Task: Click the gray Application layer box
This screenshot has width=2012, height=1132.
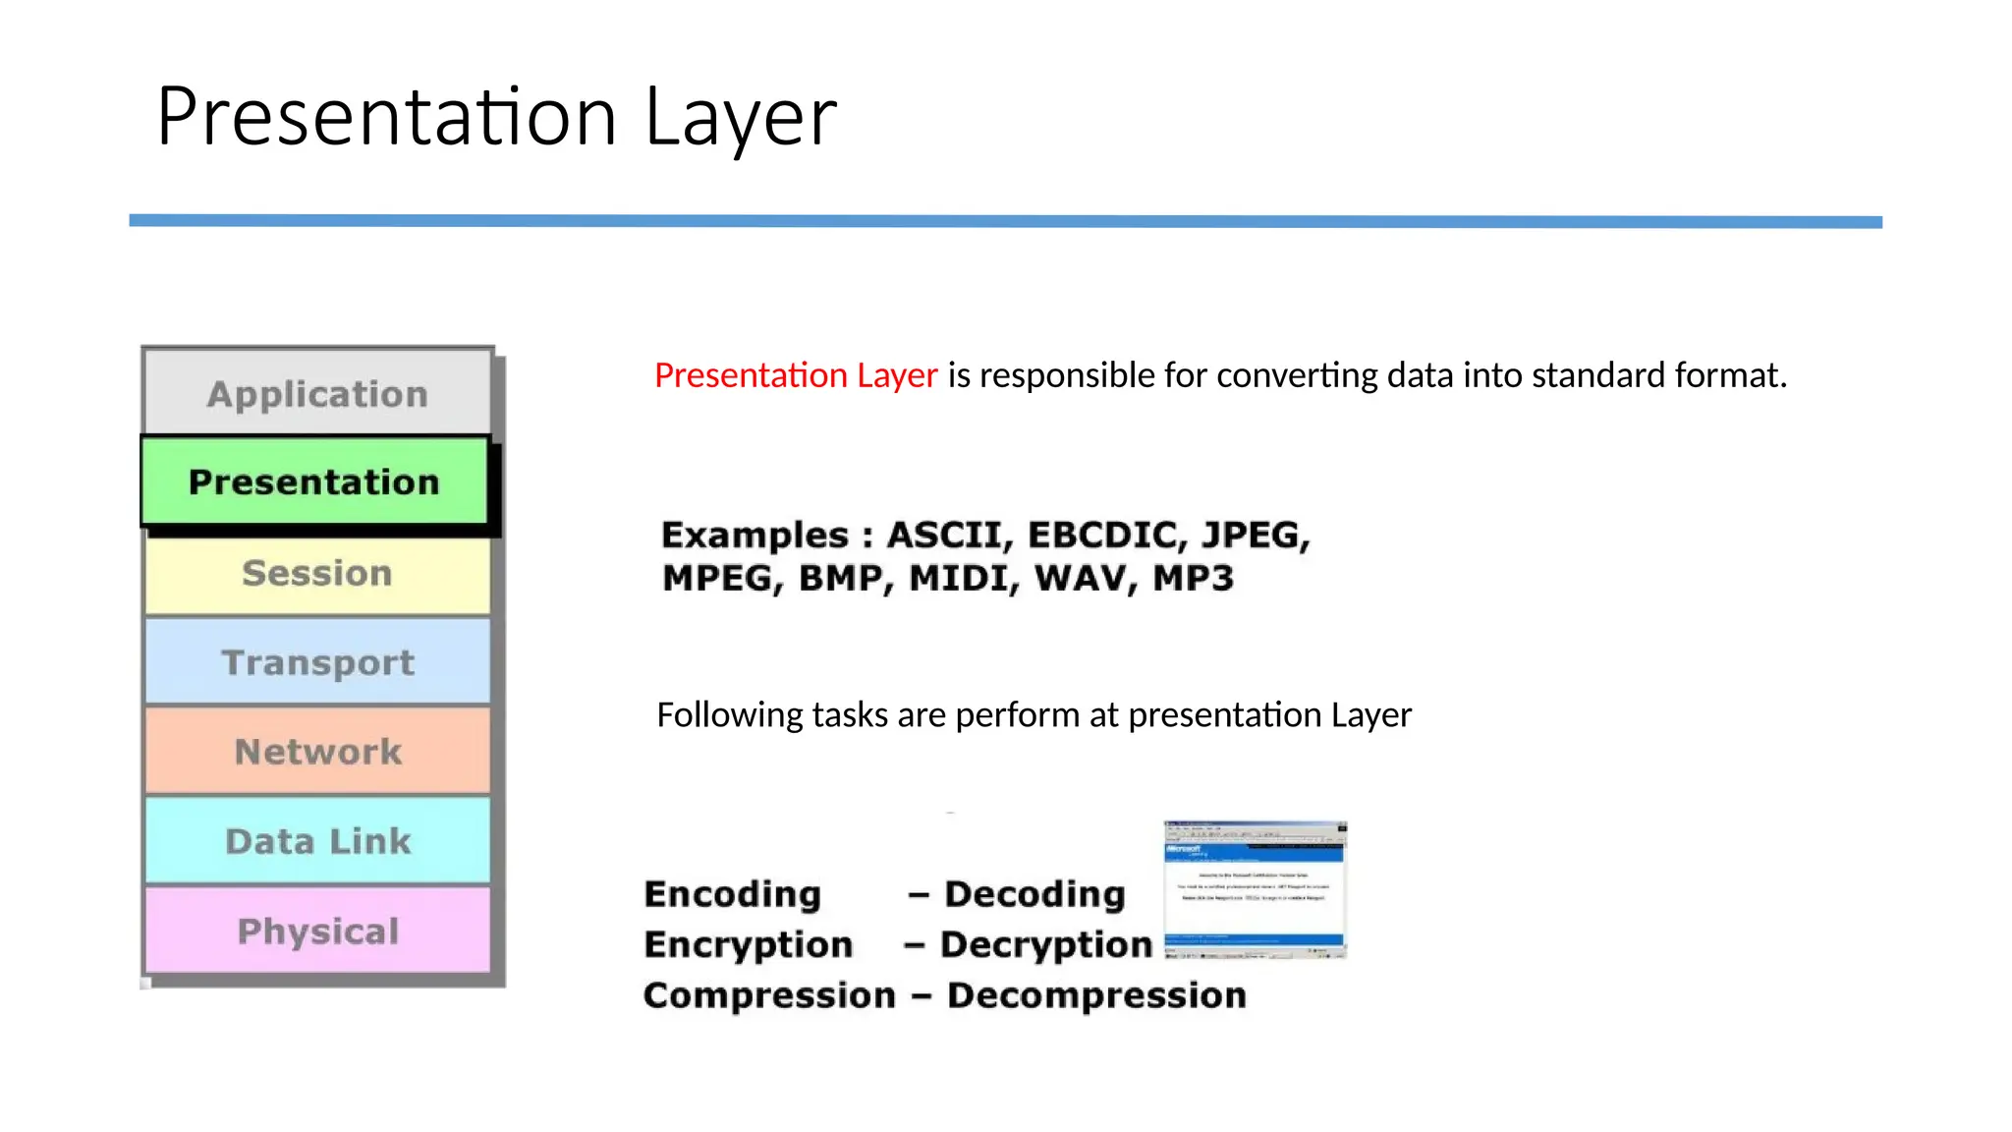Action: tap(317, 393)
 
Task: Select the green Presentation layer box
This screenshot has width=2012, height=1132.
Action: tap(314, 481)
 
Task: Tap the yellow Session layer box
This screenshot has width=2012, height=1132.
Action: tap(317, 574)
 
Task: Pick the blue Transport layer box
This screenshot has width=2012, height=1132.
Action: tap(317, 662)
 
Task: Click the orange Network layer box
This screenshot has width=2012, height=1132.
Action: tap(317, 752)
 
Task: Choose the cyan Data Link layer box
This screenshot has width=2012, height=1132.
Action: tap(317, 841)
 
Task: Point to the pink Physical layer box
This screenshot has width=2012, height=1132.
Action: tap(317, 931)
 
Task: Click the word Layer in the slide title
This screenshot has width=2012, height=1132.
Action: tap(740, 118)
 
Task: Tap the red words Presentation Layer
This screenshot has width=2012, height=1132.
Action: tap(796, 375)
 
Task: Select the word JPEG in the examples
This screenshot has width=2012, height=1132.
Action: tap(1255, 536)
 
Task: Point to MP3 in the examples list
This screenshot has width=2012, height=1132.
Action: tap(1192, 578)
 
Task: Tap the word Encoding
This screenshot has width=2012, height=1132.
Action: tap(732, 894)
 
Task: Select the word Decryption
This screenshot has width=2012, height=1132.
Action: tap(1045, 945)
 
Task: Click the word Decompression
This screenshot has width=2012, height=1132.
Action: tap(1096, 995)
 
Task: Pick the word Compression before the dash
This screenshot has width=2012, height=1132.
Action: tap(769, 995)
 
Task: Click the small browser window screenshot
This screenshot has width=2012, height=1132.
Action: tap(1255, 889)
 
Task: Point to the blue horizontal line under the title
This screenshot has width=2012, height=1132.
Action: tap(1005, 222)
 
